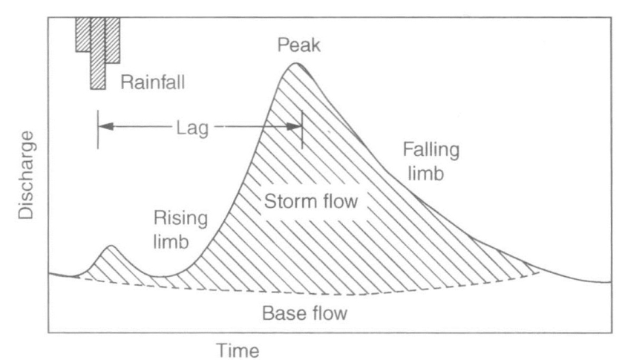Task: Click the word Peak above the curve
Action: (298, 45)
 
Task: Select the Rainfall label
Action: (153, 82)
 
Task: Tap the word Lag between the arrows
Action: (192, 128)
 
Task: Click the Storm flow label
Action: (311, 201)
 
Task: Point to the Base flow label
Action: (304, 313)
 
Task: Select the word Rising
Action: (180, 219)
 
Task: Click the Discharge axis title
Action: (26, 175)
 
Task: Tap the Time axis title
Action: (238, 351)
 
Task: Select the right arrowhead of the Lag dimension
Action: (295, 127)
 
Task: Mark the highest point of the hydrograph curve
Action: (295, 63)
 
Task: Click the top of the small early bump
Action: (111, 246)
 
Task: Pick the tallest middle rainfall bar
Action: (98, 53)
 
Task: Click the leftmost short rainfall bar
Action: (83, 35)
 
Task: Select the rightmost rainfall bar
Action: (113, 40)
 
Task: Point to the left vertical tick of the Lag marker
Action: (98, 130)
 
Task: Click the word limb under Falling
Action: (426, 174)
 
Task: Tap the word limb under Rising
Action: (171, 242)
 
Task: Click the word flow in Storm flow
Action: (338, 201)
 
